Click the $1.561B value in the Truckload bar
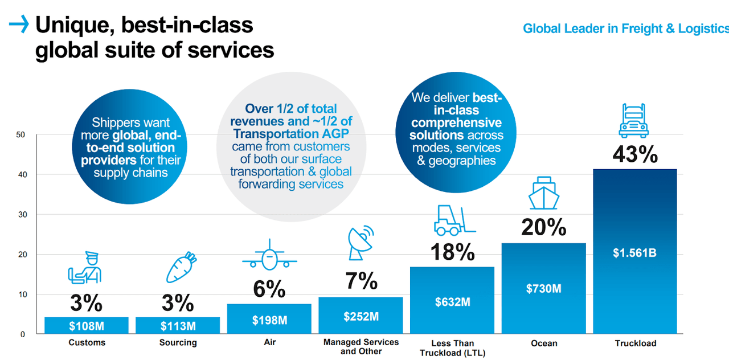point(634,253)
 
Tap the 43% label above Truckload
point(635,154)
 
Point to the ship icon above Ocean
point(544,193)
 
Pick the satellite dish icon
point(361,242)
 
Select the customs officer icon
point(85,267)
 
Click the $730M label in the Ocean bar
point(543,289)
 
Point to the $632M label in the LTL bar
point(452,302)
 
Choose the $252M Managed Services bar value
point(361,317)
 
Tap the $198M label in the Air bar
point(269,321)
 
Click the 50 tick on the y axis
point(22,135)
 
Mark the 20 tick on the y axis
point(22,255)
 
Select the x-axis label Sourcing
point(178,343)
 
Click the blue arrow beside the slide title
point(19,24)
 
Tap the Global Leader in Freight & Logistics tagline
point(625,28)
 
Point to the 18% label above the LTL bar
point(452,252)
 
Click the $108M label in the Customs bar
point(87,326)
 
